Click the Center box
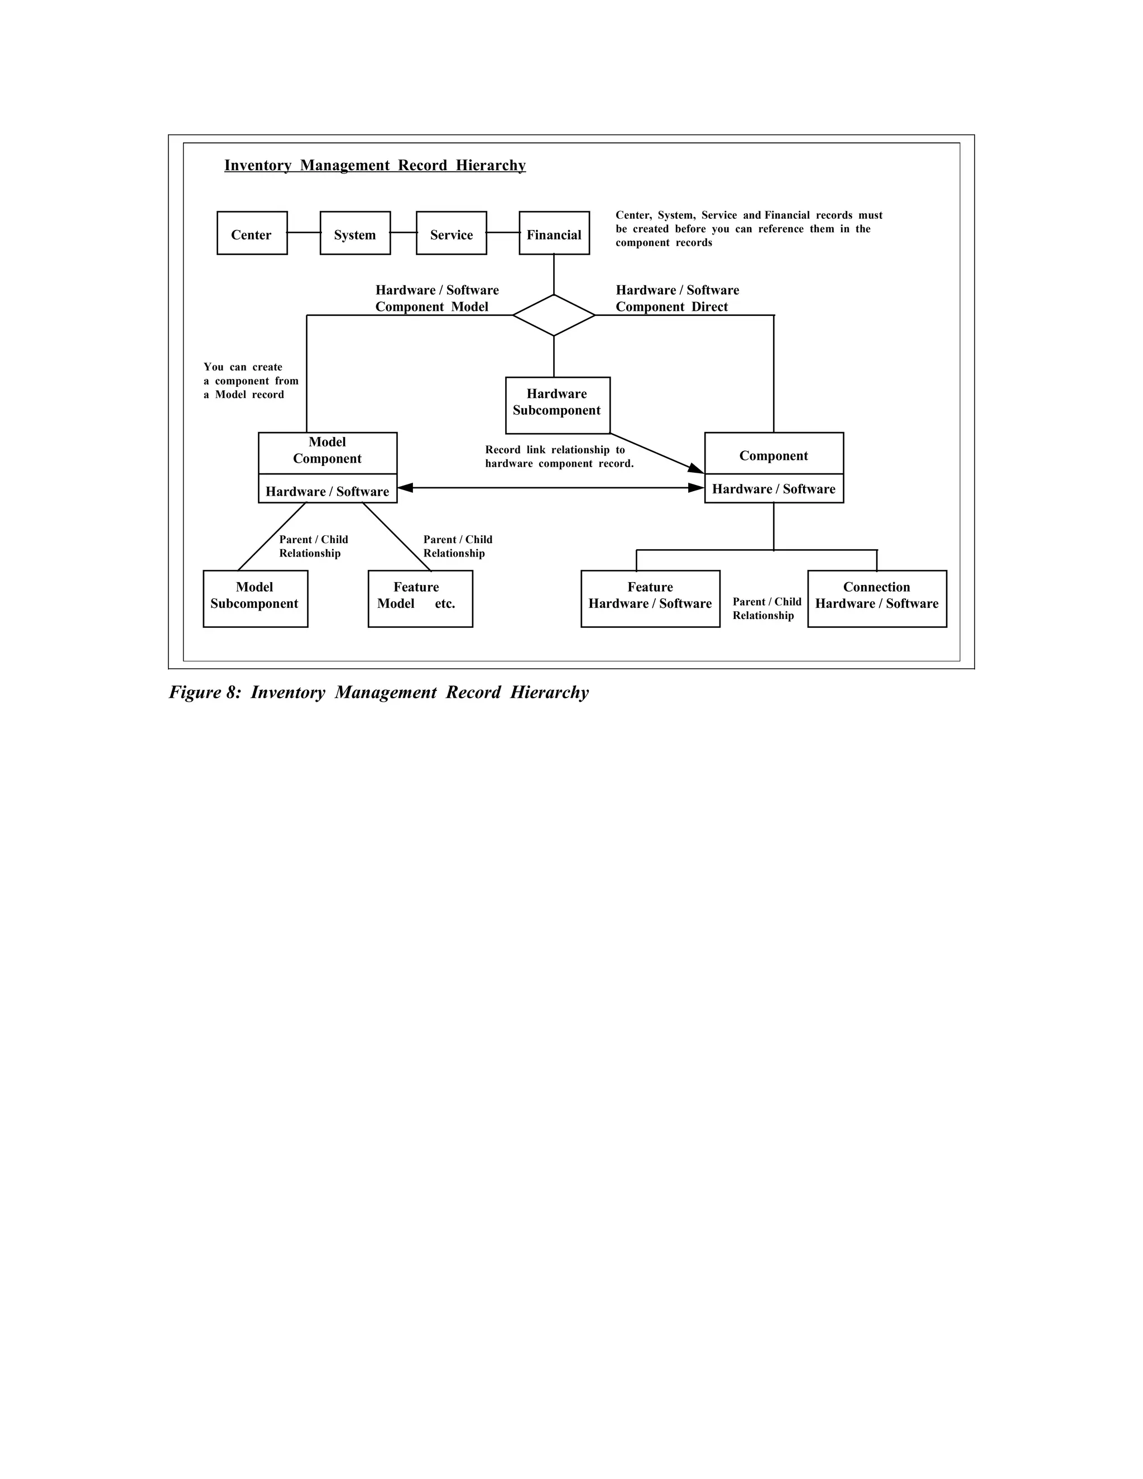tap(252, 233)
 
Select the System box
tap(355, 233)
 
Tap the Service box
tap(451, 233)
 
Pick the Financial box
tap(554, 233)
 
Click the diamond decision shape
tap(554, 315)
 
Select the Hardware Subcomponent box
tap(558, 405)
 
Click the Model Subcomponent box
tap(255, 599)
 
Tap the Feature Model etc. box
tap(420, 599)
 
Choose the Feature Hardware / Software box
tap(650, 599)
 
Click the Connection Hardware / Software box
tap(877, 599)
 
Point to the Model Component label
tap(327, 451)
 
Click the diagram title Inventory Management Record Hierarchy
tap(374, 165)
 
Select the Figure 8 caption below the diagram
tap(378, 692)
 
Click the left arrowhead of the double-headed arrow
tap(405, 488)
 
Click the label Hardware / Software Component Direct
tap(677, 298)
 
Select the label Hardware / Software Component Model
tap(437, 298)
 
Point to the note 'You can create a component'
tap(251, 381)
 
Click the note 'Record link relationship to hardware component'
tap(559, 457)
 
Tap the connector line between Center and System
tap(304, 232)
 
